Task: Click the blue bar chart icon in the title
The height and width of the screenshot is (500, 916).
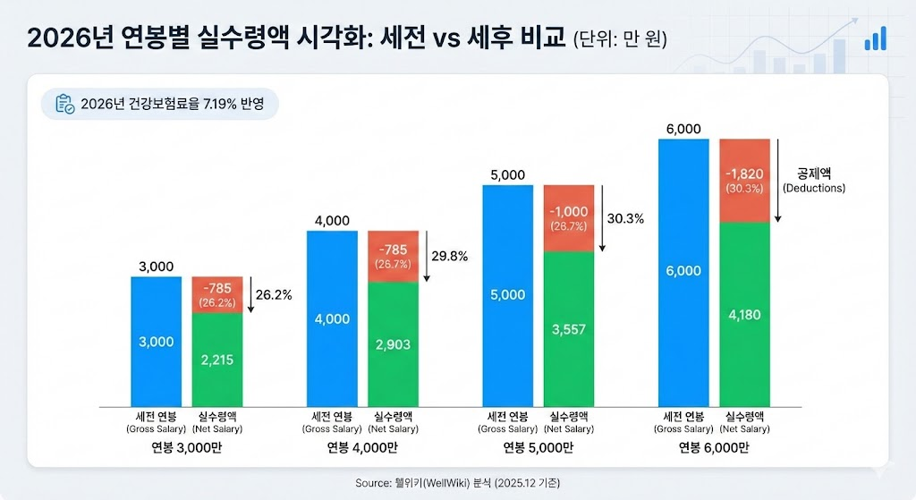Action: [875, 38]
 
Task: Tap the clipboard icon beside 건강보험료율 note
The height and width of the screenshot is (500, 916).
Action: [64, 104]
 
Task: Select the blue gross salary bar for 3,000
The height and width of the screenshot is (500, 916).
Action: [157, 341]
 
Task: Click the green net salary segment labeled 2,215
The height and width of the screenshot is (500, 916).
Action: [217, 358]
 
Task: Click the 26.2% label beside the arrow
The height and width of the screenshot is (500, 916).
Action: [274, 293]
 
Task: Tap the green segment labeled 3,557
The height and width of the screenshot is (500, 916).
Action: [570, 329]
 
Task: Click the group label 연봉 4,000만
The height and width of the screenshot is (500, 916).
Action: [363, 447]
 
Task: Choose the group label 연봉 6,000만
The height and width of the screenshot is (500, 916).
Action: [714, 447]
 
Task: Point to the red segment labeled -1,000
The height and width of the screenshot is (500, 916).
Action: [570, 217]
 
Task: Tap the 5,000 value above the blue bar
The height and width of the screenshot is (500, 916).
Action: [507, 175]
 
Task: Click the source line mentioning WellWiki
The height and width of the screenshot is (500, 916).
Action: [457, 483]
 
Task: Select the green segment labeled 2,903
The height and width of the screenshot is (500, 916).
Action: [394, 343]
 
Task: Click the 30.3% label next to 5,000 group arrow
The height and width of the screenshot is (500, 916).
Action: [624, 218]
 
